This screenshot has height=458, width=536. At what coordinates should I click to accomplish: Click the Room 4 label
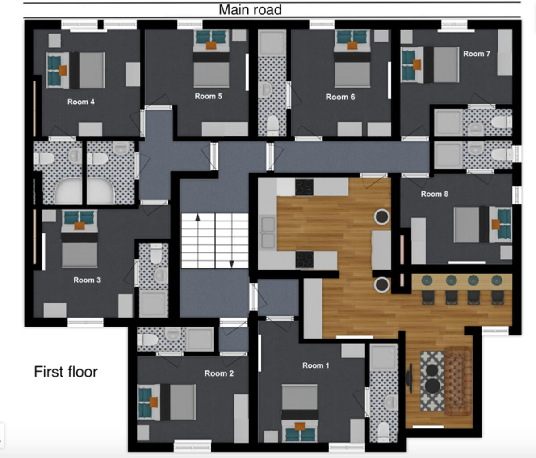click(81, 102)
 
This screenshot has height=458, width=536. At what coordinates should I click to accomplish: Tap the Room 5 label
click(208, 96)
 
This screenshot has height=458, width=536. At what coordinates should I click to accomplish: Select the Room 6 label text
click(340, 97)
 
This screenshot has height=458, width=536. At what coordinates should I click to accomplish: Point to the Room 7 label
click(477, 54)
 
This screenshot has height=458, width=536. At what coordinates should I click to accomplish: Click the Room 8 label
click(434, 194)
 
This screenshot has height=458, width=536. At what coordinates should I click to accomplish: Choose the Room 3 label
click(87, 280)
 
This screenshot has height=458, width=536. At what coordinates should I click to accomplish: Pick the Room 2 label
click(219, 373)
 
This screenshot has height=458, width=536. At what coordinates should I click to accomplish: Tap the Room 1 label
click(316, 365)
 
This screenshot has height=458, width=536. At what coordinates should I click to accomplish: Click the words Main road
click(250, 10)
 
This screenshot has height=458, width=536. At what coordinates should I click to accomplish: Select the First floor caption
click(66, 372)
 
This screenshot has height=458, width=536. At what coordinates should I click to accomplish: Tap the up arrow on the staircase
click(197, 218)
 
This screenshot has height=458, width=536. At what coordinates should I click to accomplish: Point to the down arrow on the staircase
click(231, 263)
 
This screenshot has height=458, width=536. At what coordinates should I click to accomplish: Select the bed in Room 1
click(300, 403)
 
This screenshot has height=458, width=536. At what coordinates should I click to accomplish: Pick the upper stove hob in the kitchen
click(304, 187)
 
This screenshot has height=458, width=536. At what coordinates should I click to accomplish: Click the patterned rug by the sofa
click(431, 381)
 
